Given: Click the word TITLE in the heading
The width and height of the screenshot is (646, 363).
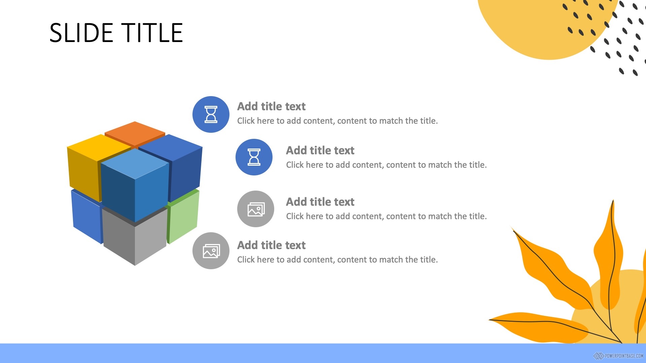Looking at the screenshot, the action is coord(152,33).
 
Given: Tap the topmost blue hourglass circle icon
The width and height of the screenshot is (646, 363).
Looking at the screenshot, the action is coord(211,114).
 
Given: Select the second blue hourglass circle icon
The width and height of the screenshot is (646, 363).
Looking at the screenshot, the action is coord(254,157).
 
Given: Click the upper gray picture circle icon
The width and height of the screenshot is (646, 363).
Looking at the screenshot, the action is coord(256,209).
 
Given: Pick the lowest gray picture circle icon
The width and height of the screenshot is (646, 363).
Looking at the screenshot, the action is coord(211,251).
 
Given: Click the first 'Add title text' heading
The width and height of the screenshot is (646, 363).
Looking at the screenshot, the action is coord(271,107).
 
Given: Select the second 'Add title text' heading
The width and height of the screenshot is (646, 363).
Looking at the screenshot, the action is coord(320,151).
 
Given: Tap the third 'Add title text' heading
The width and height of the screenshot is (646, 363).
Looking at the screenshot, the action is coord(320,202).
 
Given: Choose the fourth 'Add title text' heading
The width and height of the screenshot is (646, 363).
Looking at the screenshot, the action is coord(271,245).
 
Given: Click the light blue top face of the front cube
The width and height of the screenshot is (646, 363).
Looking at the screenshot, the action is coord(135,164).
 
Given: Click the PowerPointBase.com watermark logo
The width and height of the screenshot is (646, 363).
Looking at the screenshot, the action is coord(618,356).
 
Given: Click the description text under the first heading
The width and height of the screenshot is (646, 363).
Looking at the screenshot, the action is coord(337,121).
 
